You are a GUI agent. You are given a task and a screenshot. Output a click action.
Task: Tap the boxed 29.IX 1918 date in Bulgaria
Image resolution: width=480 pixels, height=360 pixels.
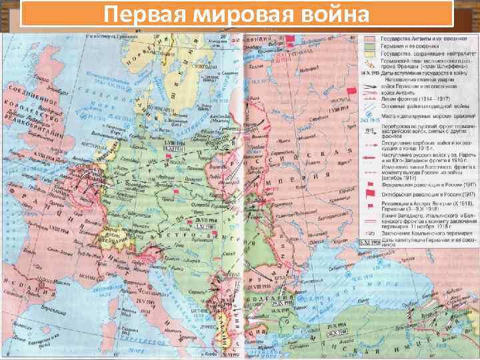281,304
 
